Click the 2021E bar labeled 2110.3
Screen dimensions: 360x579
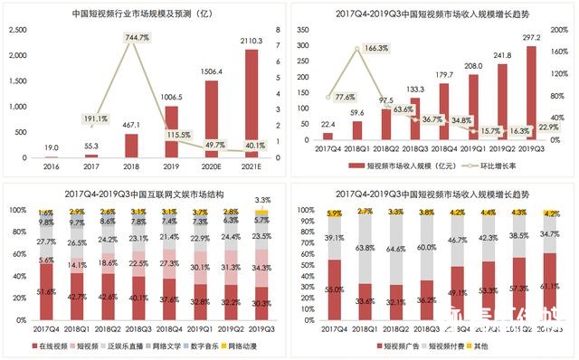[252, 104]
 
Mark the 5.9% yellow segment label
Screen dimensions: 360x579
[334, 213]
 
